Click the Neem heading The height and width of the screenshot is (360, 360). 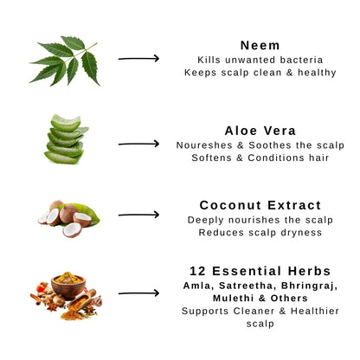pos(260,45)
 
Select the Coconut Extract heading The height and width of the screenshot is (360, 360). pos(260,205)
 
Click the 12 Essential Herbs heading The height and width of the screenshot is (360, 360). pos(260,271)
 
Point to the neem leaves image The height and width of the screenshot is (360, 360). pos(65,61)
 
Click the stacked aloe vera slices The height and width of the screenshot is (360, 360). pos(66,139)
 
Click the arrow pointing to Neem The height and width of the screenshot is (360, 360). pos(138,59)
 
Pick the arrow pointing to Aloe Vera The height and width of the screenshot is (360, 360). pos(138,144)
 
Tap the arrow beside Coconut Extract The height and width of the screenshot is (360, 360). pos(138,215)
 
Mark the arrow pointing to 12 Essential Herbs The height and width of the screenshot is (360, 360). pos(138,293)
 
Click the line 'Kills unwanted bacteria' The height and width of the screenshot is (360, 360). pos(260,60)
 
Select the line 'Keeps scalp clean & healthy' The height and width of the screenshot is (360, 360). pos(260,73)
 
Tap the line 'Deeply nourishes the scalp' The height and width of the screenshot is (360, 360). pos(260,220)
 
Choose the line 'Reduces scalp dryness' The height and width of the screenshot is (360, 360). pos(260,233)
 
